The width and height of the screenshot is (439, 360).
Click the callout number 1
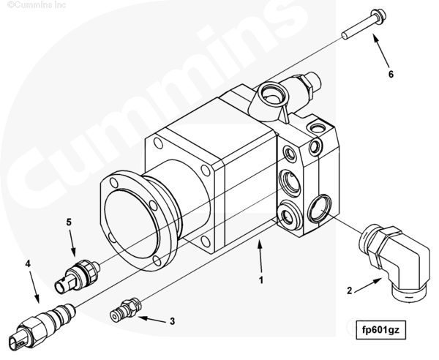coord(261,280)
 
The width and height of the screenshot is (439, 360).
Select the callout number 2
coord(350,290)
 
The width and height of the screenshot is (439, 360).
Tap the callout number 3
coord(173,321)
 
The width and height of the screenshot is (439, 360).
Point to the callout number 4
coord(28,263)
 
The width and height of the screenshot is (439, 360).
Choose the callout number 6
coord(391,75)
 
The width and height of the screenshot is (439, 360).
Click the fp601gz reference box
coord(380,330)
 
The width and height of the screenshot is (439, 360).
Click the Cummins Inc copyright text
coord(37,5)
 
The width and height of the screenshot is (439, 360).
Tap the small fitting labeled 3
coord(125,309)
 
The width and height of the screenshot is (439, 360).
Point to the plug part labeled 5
coord(77,277)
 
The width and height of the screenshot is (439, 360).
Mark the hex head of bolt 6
coord(378,16)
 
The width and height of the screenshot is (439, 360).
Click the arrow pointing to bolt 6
coord(380,50)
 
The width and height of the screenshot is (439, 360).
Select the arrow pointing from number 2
coord(369,285)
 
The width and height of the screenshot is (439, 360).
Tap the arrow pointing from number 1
coord(261,256)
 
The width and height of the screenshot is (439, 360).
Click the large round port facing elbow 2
coord(320,209)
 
